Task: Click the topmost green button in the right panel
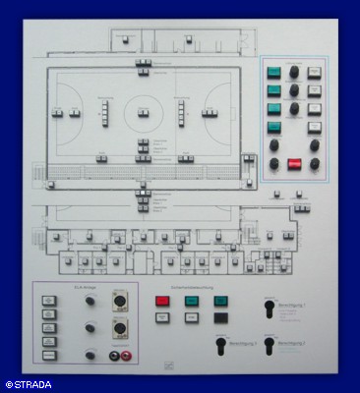(274, 73)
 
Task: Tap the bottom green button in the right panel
(274, 126)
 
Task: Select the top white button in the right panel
(314, 73)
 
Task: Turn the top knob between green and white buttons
(294, 73)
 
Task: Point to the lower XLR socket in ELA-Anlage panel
(119, 329)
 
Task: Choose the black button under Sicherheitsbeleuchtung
(220, 317)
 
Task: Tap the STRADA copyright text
(30, 384)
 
